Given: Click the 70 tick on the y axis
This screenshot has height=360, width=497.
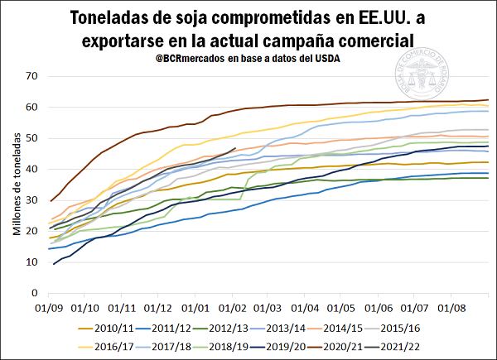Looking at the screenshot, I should [34, 76].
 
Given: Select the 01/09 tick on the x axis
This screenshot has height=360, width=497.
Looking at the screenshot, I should [50, 306].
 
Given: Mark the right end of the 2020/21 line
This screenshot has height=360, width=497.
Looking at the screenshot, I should [488, 100].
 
